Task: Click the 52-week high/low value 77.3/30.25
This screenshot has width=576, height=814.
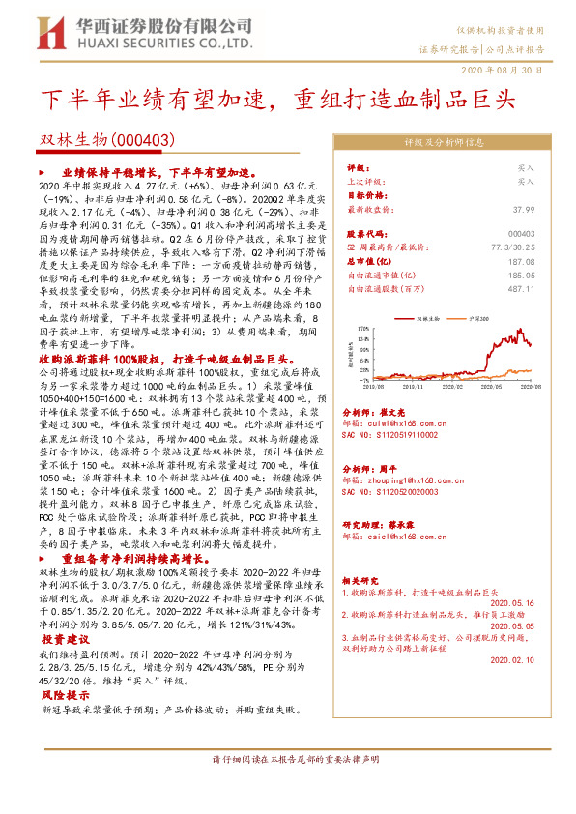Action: [x=512, y=247]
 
